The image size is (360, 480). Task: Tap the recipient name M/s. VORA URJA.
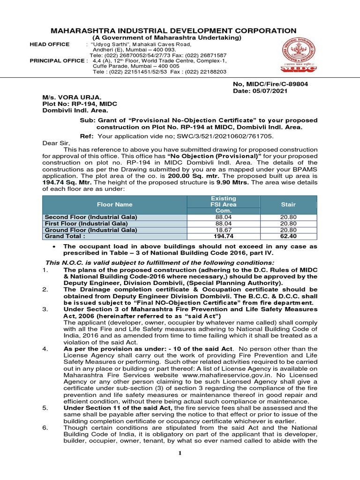72,97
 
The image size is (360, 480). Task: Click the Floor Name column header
114,204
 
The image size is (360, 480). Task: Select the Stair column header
288,204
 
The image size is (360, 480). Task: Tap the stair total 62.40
288,237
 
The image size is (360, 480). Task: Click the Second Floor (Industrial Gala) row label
90,217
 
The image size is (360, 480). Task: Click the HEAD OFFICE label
49,44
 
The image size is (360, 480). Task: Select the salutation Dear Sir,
56,143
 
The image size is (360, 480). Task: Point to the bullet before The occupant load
56,246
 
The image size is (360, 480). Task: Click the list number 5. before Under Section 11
45,408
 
